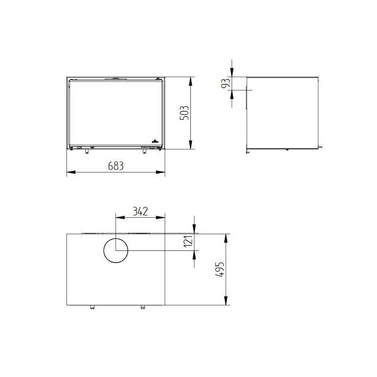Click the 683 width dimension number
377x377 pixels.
coord(115,166)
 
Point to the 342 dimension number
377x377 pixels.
coord(140,211)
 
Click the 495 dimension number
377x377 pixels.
coord(220,270)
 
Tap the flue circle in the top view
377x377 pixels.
coord(115,250)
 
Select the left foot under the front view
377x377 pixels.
coord(86,151)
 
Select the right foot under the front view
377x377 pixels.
coord(144,151)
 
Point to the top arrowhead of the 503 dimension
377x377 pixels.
coord(190,80)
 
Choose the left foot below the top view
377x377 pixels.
coord(92,307)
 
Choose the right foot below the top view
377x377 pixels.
coord(141,307)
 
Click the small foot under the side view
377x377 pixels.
coord(287,150)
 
